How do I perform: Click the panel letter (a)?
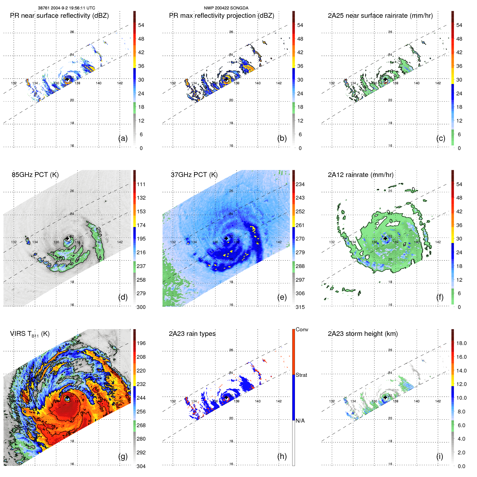(x=123, y=138)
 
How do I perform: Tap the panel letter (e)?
(x=282, y=297)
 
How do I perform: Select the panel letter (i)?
(x=440, y=456)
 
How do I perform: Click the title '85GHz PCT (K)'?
(x=35, y=175)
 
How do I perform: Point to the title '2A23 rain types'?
(x=192, y=334)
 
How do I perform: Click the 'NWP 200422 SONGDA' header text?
(x=226, y=8)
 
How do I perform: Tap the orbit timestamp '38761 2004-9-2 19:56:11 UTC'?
(x=66, y=8)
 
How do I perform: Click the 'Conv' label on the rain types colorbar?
(x=302, y=329)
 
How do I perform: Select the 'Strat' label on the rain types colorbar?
(x=301, y=375)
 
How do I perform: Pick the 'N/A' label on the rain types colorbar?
(x=300, y=421)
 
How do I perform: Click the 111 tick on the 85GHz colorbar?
(x=141, y=184)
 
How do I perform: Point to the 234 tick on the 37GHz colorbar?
(x=300, y=184)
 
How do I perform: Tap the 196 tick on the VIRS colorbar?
(x=141, y=343)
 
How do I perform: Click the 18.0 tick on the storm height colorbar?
(x=461, y=343)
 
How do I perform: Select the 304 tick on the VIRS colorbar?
(x=141, y=466)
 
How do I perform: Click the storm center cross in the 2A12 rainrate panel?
(x=385, y=238)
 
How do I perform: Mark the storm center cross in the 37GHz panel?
(x=226, y=238)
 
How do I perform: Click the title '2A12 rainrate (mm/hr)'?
(x=361, y=175)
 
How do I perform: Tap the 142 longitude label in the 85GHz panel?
(x=120, y=242)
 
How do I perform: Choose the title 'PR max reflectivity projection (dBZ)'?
(x=221, y=15)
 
